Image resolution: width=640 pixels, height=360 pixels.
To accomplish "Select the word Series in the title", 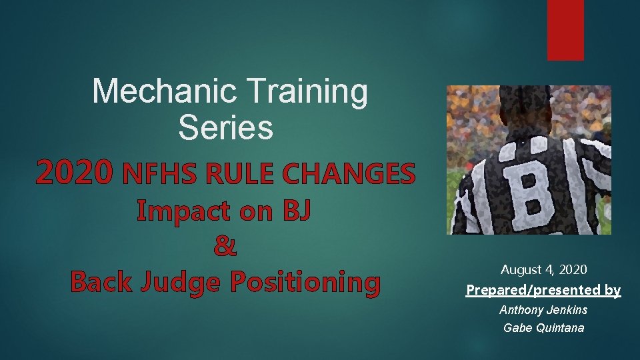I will [225, 127].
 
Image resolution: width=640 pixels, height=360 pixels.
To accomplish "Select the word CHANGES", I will [349, 175].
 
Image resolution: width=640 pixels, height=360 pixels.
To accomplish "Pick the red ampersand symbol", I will [225, 247].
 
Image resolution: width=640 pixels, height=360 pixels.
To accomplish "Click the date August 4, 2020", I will [543, 270].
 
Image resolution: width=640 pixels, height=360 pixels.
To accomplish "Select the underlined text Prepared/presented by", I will [543, 290].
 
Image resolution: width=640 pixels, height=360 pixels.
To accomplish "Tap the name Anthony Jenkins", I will [543, 310].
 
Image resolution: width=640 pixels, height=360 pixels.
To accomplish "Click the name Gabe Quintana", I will [543, 328].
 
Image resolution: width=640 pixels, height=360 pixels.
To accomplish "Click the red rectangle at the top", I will [565, 30].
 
